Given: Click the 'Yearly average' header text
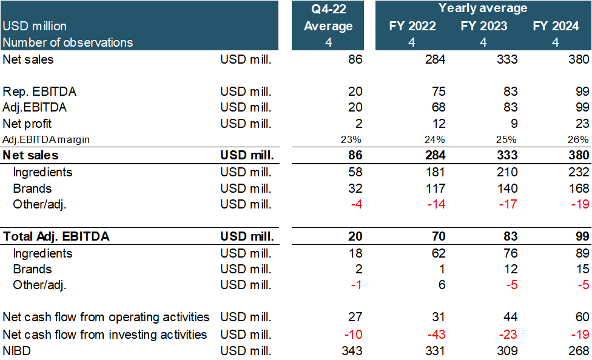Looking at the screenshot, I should click(x=483, y=8).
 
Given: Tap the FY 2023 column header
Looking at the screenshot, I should click(x=483, y=26).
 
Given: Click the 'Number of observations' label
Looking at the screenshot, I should click(x=68, y=42).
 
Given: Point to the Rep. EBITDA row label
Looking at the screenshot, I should click(x=40, y=92).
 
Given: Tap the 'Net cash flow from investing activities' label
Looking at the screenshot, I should click(x=105, y=335).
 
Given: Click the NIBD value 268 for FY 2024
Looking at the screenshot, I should click(x=579, y=350).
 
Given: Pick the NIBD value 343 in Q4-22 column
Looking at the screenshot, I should click(x=352, y=350).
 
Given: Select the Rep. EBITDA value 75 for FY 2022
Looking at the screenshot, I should click(x=439, y=92).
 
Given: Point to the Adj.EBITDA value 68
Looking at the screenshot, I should click(x=439, y=107).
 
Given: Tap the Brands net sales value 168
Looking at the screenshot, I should click(x=579, y=188).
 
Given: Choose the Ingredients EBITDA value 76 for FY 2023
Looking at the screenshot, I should click(x=510, y=253).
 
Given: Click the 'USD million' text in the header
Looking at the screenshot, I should click(x=35, y=26).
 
